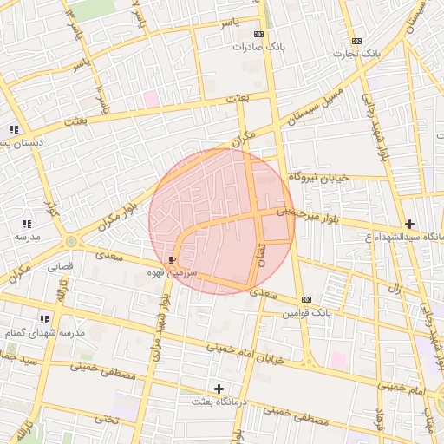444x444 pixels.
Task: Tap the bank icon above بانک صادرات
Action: [x=258, y=33]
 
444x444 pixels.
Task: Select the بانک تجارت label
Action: [x=356, y=54]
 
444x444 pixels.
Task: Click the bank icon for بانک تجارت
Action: [x=356, y=41]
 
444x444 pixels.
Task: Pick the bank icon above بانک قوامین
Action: [x=306, y=299]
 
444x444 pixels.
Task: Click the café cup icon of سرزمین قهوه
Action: [x=172, y=259]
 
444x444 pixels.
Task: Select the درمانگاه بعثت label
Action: [x=219, y=402]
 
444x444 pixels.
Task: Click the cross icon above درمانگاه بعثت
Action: [x=219, y=388]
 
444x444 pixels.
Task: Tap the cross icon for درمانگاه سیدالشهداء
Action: [x=409, y=223]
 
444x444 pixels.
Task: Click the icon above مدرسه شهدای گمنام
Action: [x=44, y=319]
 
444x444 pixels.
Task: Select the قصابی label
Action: [x=59, y=267]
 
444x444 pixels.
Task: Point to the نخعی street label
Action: [x=105, y=419]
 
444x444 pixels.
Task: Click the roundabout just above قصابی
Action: [x=70, y=241]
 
